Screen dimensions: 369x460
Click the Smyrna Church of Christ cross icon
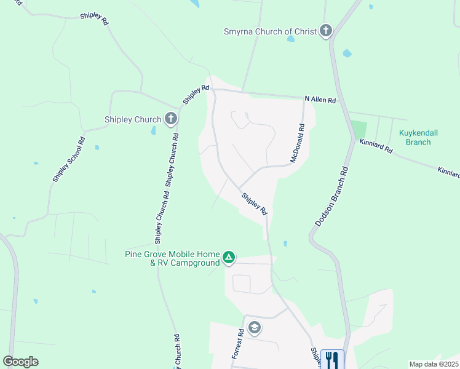click(325, 31)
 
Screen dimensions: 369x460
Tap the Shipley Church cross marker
click(170, 119)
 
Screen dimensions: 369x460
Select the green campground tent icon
click(229, 258)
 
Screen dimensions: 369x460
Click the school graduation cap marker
click(253, 327)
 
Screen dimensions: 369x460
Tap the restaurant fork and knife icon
click(332, 359)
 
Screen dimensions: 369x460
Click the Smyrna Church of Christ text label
click(270, 31)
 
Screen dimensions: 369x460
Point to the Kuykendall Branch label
click(418, 137)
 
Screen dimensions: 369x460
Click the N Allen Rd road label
click(320, 100)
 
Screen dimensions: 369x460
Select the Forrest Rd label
click(239, 343)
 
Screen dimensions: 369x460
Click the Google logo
click(20, 362)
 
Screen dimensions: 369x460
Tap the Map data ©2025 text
click(434, 364)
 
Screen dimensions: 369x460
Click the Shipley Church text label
click(133, 119)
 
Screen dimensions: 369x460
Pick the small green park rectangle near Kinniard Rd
click(359, 130)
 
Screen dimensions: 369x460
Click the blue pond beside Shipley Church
click(153, 130)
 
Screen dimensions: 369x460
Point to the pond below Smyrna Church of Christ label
click(290, 39)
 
